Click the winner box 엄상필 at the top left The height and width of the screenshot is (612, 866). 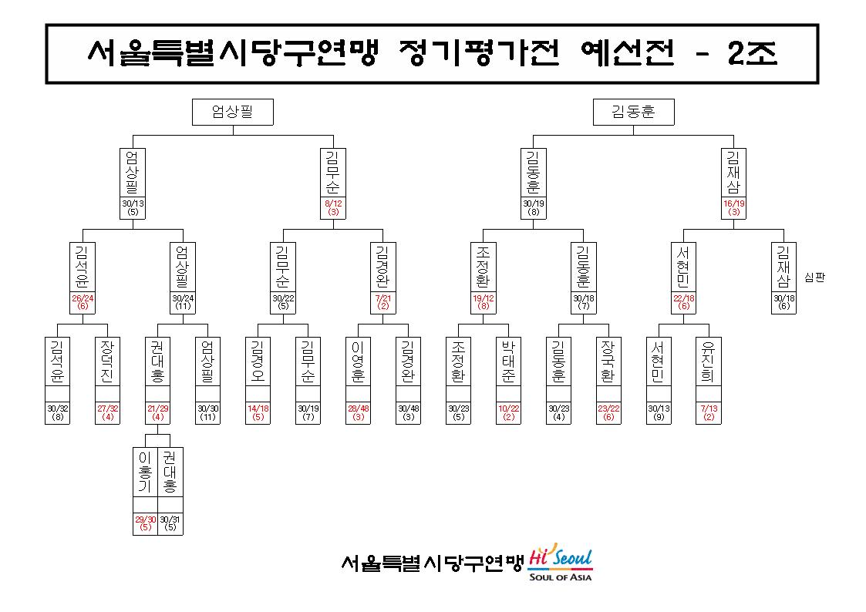coord(233,112)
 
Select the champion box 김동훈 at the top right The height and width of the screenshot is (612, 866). coord(633,112)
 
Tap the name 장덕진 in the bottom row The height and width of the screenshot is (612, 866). coord(107,361)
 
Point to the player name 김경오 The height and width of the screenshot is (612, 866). coord(258,361)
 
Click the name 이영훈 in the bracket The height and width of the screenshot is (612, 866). coord(358,361)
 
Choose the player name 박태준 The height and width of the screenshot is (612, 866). coord(508,361)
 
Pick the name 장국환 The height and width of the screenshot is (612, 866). coord(608,361)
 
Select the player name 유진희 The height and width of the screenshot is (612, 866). coord(708,361)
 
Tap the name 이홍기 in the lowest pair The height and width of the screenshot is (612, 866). coord(145,472)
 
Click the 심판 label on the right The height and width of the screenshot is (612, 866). coord(814,277)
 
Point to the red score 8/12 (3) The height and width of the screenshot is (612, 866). coord(333,207)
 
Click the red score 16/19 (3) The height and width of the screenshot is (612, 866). coord(734,207)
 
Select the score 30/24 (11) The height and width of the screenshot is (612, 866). coord(183,302)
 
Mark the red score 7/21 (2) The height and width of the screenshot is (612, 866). coord(382,302)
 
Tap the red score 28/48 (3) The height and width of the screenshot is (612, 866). coord(358,412)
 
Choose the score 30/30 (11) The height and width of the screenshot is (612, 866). coord(207,412)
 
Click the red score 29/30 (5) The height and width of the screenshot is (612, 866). coord(145,523)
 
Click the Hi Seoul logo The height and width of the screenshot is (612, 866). coord(561,557)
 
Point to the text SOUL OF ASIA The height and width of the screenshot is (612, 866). coord(560,577)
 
